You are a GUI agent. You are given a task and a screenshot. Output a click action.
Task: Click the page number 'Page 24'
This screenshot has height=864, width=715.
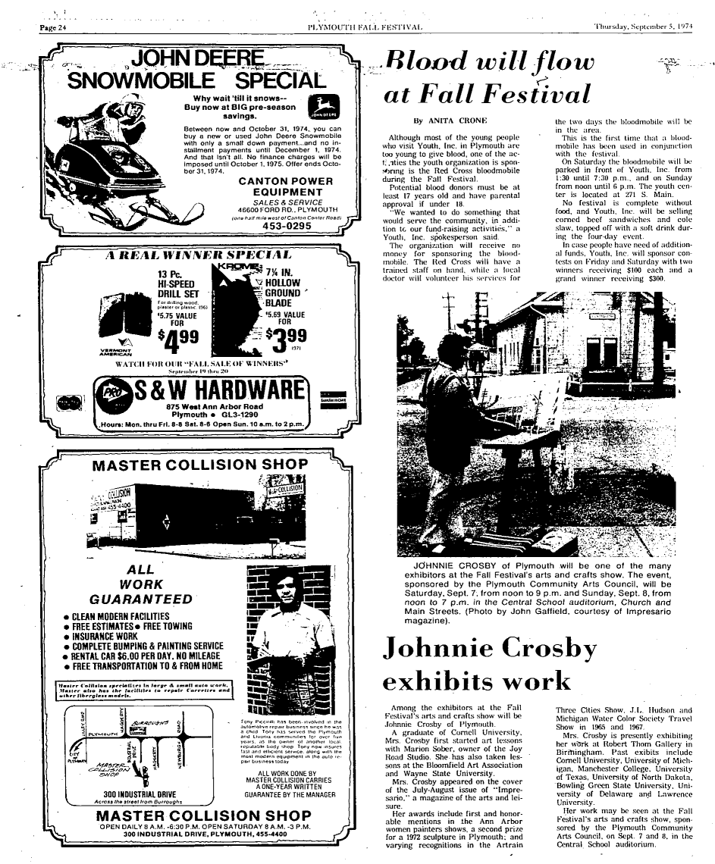(53, 28)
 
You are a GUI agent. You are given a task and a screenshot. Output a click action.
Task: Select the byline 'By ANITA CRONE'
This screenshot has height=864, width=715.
(449, 121)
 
